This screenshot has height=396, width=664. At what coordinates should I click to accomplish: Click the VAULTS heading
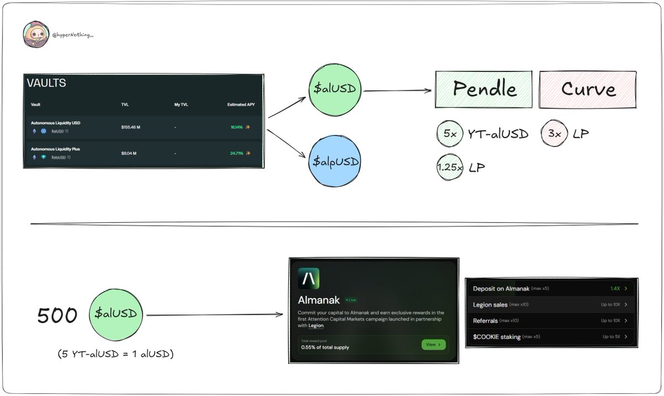pos(46,84)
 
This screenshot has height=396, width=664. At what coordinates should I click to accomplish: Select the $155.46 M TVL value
pos(131,127)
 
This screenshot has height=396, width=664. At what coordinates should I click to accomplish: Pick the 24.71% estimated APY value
pos(237,153)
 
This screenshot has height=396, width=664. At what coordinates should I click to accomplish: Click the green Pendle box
pos(484,89)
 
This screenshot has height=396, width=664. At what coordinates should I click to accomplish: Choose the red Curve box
pos(588,89)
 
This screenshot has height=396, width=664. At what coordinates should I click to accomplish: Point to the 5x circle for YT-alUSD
pos(449,133)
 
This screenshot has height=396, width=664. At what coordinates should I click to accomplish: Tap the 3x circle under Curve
pos(554,133)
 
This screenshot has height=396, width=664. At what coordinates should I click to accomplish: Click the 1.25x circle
pos(449,167)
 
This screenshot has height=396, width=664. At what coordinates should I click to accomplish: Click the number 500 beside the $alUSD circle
pos(58,315)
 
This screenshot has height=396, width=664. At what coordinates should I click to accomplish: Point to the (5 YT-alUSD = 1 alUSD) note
pos(115,353)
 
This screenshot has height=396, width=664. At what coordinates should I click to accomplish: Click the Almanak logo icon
pos(308,279)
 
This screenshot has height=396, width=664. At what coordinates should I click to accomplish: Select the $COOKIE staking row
pos(497,336)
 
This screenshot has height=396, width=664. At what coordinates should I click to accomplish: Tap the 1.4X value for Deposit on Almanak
pos(615,289)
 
